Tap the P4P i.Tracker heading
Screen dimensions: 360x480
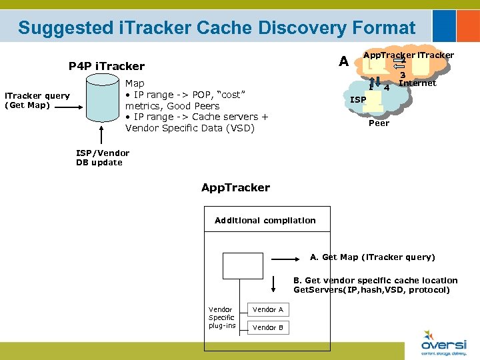click(107, 66)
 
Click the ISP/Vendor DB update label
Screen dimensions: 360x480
click(103, 158)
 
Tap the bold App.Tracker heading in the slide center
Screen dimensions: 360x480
click(235, 187)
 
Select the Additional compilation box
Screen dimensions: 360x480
click(265, 221)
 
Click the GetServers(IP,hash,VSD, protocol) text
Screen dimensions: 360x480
click(371, 290)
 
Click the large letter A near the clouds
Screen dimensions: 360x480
click(343, 61)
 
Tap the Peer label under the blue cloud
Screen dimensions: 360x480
click(379, 123)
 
